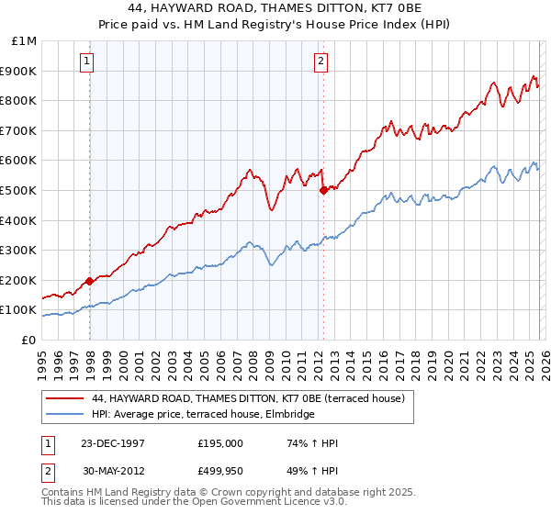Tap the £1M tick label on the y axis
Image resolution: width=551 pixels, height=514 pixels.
point(24,41)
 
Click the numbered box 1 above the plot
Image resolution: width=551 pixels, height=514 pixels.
point(86,61)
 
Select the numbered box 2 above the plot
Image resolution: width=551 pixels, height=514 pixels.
point(320,61)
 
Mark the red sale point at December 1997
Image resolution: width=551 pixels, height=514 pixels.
point(90,282)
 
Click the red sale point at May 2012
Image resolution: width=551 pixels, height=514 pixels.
point(323,191)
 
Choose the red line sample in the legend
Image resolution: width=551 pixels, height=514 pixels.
point(65,398)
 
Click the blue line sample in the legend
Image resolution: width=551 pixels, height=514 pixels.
point(65,414)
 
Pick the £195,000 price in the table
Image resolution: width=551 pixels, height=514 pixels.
point(219,442)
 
